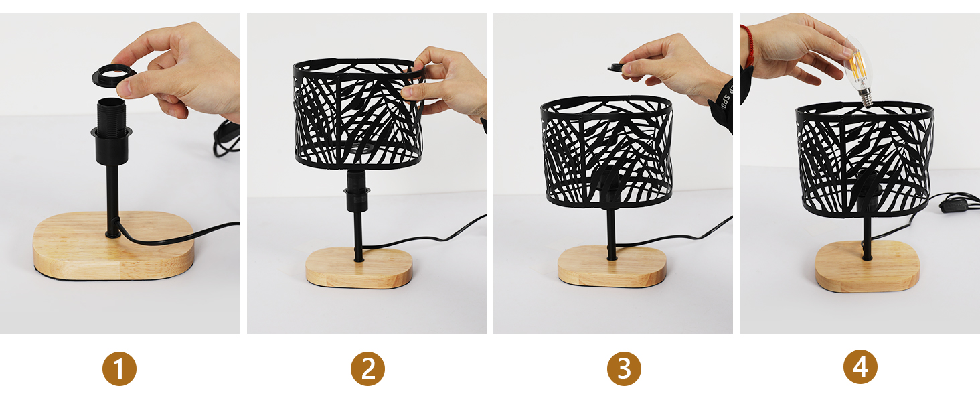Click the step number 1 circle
[x=119, y=368]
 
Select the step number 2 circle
[x=367, y=368]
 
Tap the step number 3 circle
[x=624, y=368]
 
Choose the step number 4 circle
[x=860, y=367]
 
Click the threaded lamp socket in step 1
[x=111, y=131]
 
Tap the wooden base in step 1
[x=113, y=247]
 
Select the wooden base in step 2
[x=359, y=267]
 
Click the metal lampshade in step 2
[x=359, y=114]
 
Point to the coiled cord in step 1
[x=226, y=139]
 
